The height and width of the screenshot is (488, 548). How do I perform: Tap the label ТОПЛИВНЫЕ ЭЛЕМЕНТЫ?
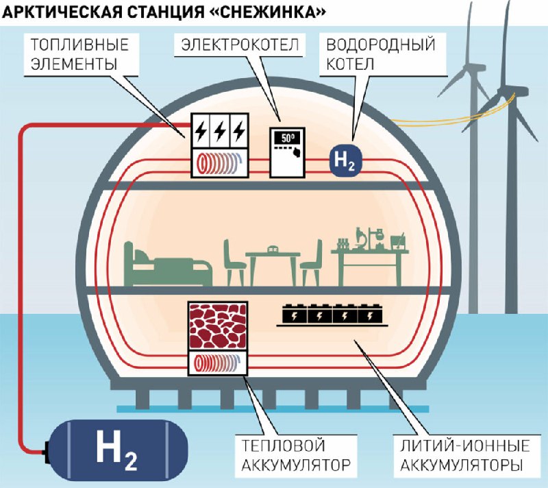click(x=80, y=55)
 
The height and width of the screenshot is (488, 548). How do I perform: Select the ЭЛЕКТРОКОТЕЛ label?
click(x=240, y=45)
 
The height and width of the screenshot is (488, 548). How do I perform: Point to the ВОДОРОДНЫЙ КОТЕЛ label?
click(x=381, y=55)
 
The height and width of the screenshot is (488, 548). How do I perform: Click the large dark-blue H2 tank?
click(x=117, y=451)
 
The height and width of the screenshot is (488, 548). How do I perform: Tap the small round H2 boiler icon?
click(x=345, y=160)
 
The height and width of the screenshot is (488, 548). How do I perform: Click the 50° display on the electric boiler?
click(x=286, y=138)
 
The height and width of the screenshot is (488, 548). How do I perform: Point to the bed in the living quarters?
click(x=168, y=264)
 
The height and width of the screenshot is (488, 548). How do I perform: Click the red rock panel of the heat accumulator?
click(x=218, y=326)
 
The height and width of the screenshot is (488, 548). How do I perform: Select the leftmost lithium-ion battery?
click(x=295, y=315)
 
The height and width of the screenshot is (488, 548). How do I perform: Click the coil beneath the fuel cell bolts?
click(x=220, y=163)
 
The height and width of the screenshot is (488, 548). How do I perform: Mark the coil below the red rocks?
click(x=217, y=363)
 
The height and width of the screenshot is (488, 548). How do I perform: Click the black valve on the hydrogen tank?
click(x=46, y=452)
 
